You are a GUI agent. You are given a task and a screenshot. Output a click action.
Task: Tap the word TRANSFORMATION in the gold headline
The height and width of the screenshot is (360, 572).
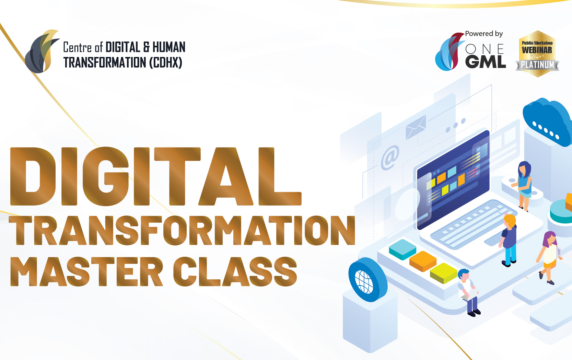pos(182,230)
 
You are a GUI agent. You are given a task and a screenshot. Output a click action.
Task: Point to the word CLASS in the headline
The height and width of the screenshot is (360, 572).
pos(235,271)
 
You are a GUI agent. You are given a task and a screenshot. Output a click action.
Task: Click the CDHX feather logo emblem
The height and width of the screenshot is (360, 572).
pos(42,51)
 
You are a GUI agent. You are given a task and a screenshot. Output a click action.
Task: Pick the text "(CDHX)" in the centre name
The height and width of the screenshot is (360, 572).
pos(165,63)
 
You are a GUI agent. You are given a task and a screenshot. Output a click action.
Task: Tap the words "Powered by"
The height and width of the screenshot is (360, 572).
pos(484,34)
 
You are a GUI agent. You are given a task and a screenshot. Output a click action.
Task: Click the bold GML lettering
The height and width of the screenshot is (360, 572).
pos(485,62)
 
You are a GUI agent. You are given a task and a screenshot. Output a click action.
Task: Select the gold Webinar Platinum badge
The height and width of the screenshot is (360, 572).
pos(537,54)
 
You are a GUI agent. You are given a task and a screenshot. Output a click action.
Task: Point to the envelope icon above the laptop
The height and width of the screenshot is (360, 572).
pos(416,127)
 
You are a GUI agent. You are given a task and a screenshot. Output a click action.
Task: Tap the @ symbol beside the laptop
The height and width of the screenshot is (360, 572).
pos(390,158)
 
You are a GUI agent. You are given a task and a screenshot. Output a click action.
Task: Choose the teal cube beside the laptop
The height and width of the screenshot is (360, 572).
pos(402,249)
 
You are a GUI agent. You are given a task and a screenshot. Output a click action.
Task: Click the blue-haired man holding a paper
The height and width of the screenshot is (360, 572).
pos(468,292)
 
